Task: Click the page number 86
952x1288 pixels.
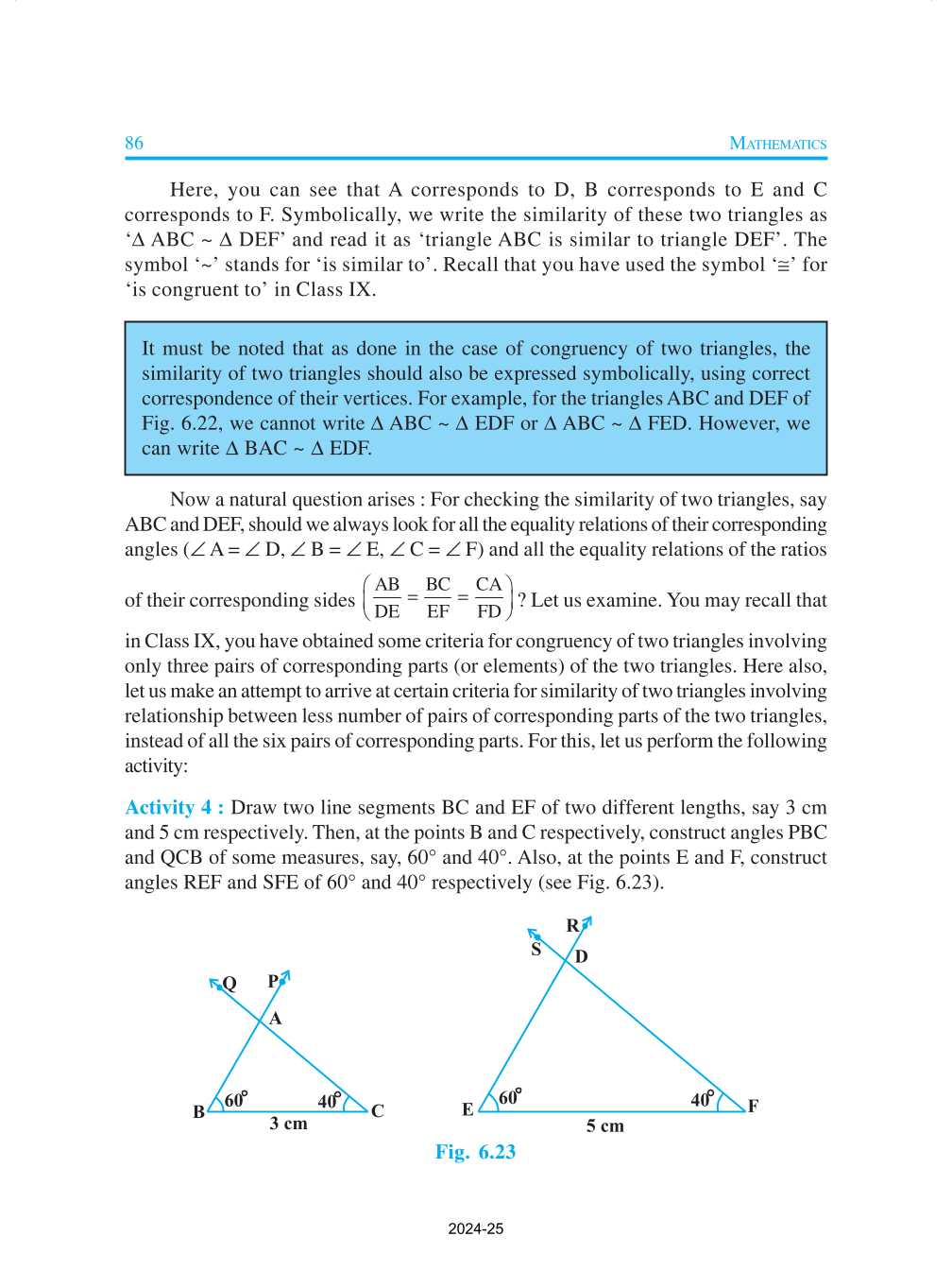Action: tap(134, 143)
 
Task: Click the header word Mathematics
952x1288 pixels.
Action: tap(777, 144)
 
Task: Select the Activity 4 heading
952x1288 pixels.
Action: tap(174, 808)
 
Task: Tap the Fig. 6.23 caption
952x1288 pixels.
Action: tap(475, 1152)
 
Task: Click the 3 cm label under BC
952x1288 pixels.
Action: tap(288, 1124)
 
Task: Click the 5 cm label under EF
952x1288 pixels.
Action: tap(604, 1125)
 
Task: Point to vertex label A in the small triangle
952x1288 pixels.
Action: tap(276, 1019)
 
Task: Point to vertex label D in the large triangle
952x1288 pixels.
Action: tap(582, 956)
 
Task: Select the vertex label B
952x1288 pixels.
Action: tap(198, 1112)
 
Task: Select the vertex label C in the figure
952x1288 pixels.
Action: tap(378, 1111)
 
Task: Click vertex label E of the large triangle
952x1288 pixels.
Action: tap(467, 1109)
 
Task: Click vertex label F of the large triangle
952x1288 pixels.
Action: tap(753, 1106)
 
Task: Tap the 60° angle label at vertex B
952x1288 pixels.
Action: tap(235, 1100)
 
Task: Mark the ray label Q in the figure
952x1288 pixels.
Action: tap(229, 984)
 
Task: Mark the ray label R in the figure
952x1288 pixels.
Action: tap(572, 925)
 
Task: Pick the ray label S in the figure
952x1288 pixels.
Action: tap(536, 950)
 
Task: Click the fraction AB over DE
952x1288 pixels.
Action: tap(387, 598)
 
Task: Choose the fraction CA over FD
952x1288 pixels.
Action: tap(488, 598)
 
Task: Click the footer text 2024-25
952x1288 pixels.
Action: tap(475, 1229)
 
